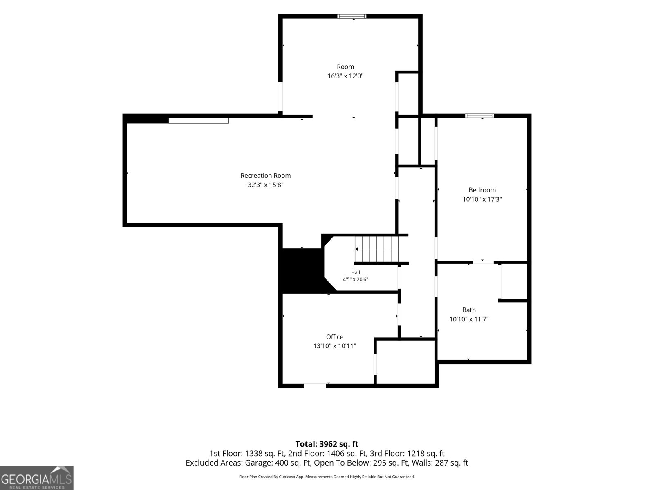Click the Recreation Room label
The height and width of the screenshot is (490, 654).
265,176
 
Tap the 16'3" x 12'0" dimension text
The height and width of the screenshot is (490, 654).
345,76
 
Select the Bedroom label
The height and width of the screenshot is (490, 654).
482,190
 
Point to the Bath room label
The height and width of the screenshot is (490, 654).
469,310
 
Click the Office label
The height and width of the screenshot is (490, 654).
335,337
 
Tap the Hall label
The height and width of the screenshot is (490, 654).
356,272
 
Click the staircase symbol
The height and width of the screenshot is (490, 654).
376,249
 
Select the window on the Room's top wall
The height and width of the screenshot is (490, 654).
352,16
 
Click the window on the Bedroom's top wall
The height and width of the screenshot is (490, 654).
479,116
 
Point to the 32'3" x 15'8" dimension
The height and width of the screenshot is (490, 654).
265,185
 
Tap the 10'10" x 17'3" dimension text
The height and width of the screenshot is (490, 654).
482,199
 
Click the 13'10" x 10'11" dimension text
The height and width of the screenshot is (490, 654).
335,346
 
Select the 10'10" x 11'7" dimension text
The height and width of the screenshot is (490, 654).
469,319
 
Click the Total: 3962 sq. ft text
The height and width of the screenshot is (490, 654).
327,444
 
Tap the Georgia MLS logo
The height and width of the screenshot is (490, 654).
37,477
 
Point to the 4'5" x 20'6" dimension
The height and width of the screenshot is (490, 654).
356,279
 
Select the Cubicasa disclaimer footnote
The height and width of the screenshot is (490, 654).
327,477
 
